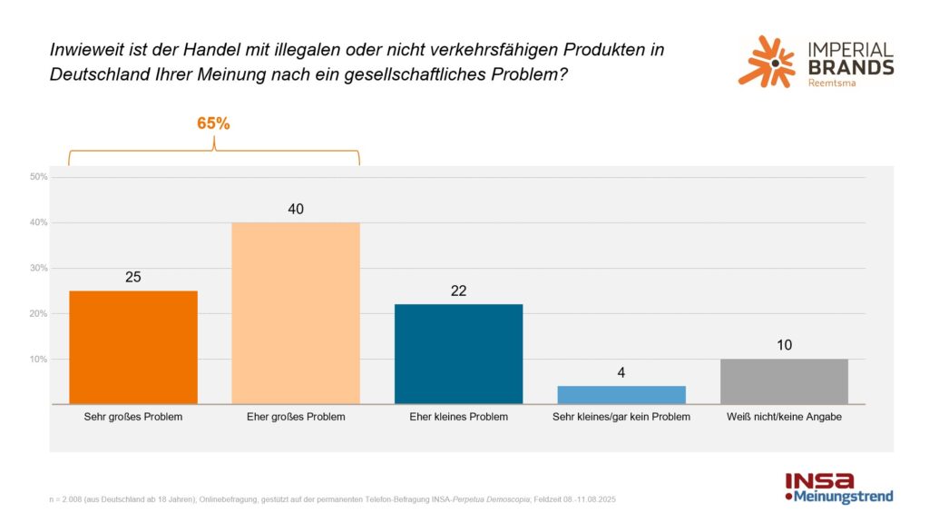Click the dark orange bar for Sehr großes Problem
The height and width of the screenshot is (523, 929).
coord(133,347)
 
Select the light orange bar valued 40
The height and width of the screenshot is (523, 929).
coord(296,313)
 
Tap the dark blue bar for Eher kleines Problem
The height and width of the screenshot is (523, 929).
coord(458,353)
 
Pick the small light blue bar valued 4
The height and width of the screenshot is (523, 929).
coord(621,395)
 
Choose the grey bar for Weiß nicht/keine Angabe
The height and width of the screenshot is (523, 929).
coord(784,381)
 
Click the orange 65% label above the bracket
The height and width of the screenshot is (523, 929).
coord(213,123)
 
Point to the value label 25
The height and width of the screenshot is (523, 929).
coord(133,277)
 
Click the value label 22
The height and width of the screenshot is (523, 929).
coord(458,290)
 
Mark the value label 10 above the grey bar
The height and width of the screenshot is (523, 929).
coord(784,345)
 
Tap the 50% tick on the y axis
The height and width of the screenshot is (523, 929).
coord(38,177)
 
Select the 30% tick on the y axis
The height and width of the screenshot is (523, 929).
coord(38,268)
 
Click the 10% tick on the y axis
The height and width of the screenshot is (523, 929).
coord(38,359)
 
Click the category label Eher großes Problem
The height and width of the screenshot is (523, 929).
coord(296,417)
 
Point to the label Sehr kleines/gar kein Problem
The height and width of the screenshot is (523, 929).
coord(621,417)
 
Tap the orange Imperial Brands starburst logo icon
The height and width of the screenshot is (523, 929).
coord(766,61)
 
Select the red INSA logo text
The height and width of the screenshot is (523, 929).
coord(819,481)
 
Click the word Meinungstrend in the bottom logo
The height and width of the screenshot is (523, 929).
coord(843,498)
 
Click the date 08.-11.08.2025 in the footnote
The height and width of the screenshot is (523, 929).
coord(590,499)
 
